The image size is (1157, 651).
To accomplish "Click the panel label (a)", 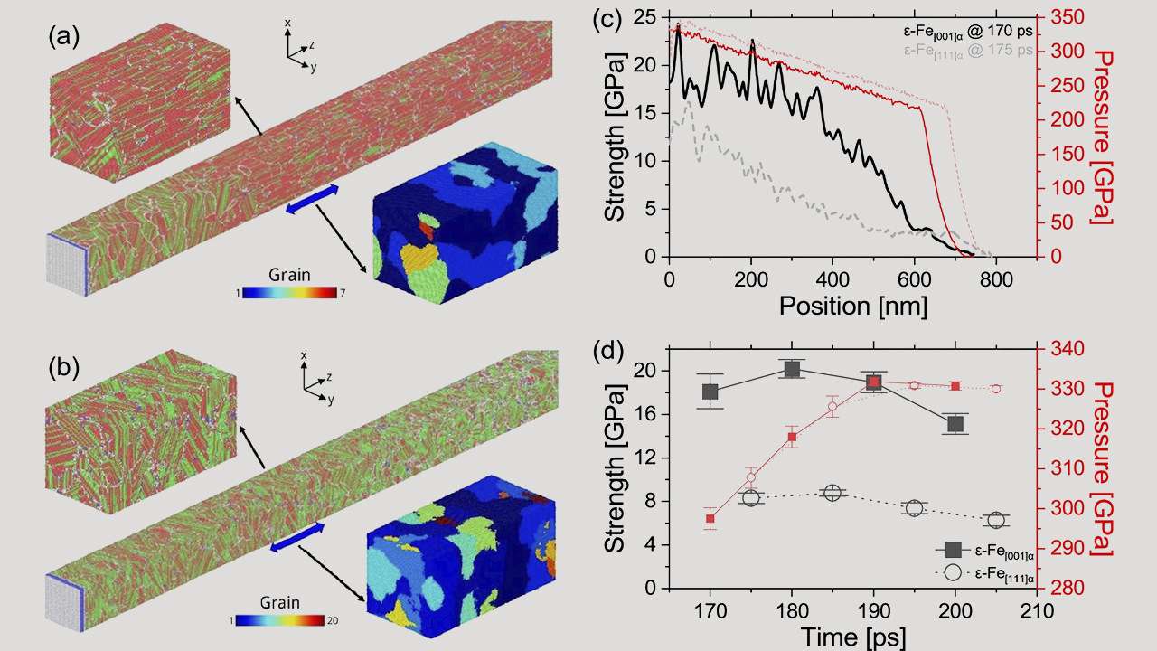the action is click(x=64, y=37).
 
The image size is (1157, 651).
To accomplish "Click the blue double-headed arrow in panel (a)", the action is click(x=313, y=199).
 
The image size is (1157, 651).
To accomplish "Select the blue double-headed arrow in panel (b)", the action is click(x=297, y=537).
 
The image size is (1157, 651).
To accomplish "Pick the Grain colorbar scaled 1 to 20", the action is click(x=279, y=620).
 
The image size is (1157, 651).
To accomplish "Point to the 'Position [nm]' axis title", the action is click(x=852, y=306).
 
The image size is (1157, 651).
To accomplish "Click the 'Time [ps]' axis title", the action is click(x=852, y=637).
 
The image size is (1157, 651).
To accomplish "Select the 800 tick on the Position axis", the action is click(x=995, y=279).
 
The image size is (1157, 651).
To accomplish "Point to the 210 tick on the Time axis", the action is click(x=1037, y=611).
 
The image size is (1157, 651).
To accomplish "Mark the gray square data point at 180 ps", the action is click(x=792, y=369).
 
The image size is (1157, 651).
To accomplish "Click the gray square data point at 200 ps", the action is click(x=955, y=424).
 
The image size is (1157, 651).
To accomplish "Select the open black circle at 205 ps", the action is click(x=996, y=520).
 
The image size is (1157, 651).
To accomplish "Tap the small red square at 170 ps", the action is click(x=710, y=519).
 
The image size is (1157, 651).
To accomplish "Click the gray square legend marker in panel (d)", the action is click(x=953, y=550).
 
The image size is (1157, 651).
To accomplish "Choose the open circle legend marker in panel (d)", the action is click(x=953, y=572).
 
